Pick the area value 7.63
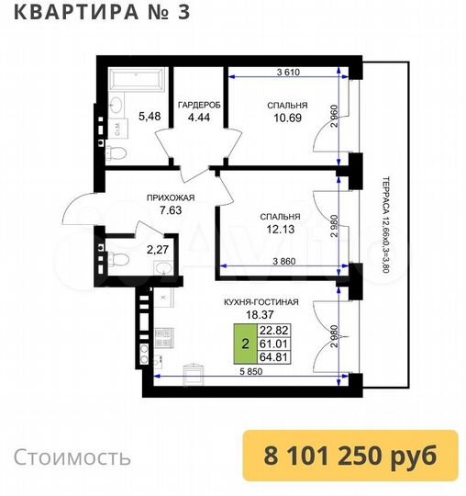point(170,210)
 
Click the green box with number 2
point(244,345)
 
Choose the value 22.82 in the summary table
point(274,331)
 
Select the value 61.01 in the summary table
point(274,345)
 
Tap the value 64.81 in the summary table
point(274,360)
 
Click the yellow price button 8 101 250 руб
point(349,456)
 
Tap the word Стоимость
point(72,457)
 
